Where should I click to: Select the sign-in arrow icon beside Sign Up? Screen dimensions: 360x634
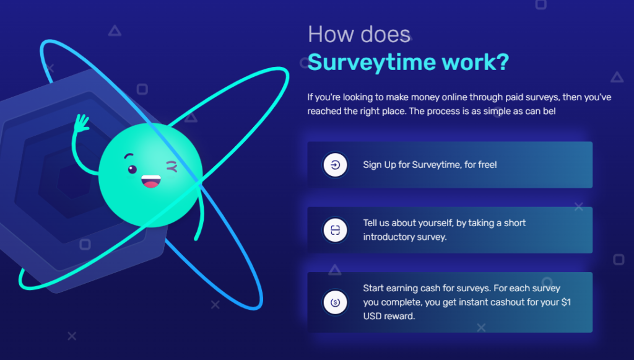(335, 165)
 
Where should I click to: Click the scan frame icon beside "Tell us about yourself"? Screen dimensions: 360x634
(335, 230)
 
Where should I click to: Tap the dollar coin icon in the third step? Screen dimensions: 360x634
(335, 302)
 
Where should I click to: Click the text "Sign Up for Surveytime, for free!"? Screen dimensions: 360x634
(430, 165)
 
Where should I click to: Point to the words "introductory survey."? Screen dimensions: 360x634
(404, 237)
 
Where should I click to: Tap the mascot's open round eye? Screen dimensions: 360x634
(132, 169)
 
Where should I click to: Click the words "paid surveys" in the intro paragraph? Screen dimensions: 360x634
(506, 97)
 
